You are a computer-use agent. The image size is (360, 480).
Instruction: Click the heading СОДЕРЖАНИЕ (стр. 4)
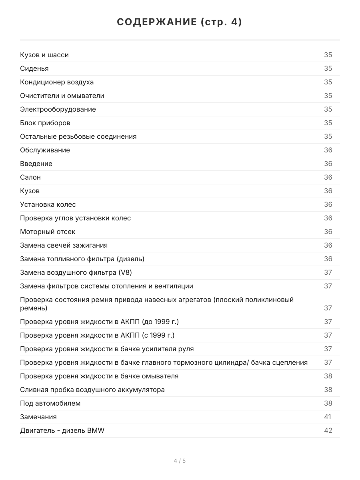[x=180, y=22]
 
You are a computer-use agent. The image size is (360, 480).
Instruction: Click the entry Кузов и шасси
[x=44, y=55]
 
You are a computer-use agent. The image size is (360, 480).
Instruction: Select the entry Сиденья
[x=34, y=68]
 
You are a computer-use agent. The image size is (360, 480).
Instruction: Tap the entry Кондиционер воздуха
[x=57, y=82]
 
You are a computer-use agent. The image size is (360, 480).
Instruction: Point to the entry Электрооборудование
[x=58, y=109]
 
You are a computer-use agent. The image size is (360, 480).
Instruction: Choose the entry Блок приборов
[x=45, y=123]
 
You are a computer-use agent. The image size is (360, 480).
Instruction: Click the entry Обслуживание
[x=45, y=150]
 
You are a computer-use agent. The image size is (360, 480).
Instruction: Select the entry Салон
[x=30, y=177]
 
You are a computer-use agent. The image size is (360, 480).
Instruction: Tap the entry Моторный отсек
[x=48, y=232]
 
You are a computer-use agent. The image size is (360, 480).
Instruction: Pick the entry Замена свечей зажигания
[x=64, y=245]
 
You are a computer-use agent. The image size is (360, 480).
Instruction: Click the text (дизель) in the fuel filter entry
[x=130, y=259]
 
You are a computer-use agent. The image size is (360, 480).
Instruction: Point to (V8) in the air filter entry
[x=125, y=272]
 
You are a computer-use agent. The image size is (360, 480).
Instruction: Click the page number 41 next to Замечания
[x=328, y=417]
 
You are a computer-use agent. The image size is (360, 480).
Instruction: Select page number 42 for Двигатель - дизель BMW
[x=328, y=430]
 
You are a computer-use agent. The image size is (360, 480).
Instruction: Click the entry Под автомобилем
[x=50, y=403]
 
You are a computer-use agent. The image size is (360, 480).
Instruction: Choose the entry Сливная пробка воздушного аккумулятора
[x=92, y=390]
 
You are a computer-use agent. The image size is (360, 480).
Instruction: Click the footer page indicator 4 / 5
[x=180, y=461]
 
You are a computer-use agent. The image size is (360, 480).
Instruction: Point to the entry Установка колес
[x=48, y=204]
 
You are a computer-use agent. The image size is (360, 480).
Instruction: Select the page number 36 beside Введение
[x=328, y=164]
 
